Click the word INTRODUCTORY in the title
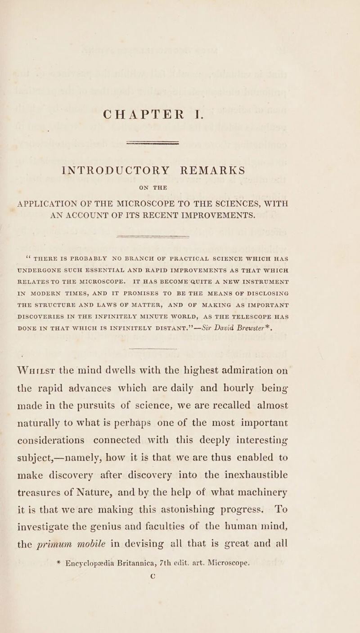[x=114, y=171]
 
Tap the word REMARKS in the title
[x=212, y=171]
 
